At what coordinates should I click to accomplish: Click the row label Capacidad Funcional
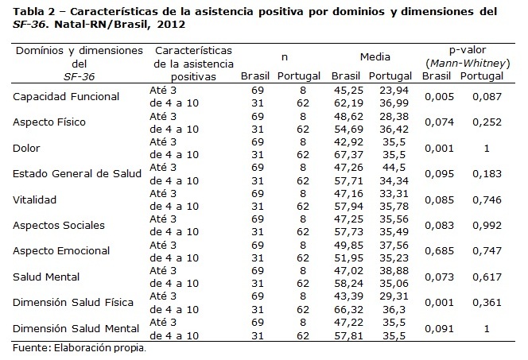[x=66, y=97]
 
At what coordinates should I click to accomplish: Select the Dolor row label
[x=26, y=148]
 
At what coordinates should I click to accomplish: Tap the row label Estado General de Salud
[x=77, y=173]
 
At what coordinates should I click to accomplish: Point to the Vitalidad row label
[x=34, y=199]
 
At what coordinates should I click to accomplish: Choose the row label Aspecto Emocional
[x=61, y=251]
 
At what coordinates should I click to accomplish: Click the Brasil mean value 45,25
[x=348, y=91]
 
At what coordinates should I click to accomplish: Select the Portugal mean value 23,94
[x=394, y=91]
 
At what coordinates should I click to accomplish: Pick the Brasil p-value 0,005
[x=439, y=97]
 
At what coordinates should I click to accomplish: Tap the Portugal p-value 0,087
[x=487, y=97]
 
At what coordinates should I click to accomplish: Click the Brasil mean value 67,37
[x=348, y=155]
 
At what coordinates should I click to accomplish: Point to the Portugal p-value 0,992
[x=487, y=226]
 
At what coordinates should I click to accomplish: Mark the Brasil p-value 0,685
[x=439, y=251]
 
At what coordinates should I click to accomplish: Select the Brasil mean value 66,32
[x=348, y=309]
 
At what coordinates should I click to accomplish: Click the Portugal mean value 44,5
[x=394, y=168]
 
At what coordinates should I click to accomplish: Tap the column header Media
[x=375, y=57]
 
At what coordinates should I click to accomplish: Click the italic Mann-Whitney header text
[x=468, y=64]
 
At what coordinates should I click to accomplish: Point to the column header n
[x=285, y=57]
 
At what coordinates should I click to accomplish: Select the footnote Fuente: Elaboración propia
[x=80, y=348]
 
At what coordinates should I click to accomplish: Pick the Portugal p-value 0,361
[x=487, y=303]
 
